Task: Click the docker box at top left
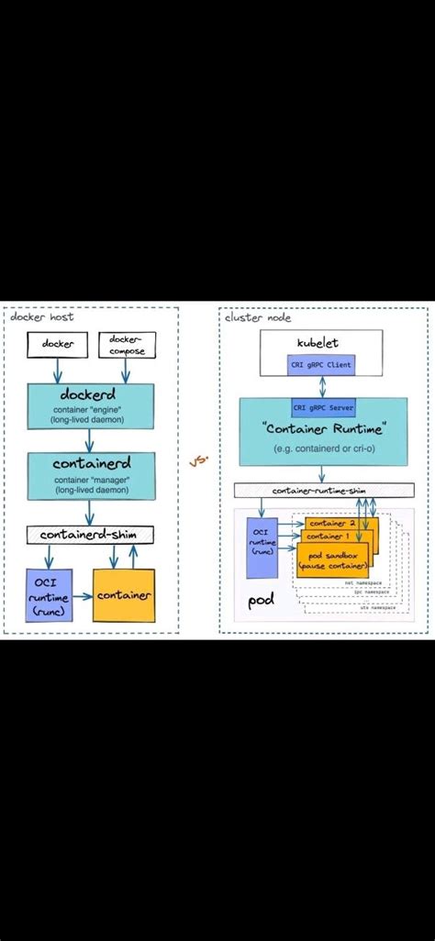pyautogui.click(x=56, y=344)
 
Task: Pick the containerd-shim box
pyautogui.click(x=91, y=534)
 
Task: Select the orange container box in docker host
pyautogui.click(x=124, y=595)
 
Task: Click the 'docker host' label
pyautogui.click(x=42, y=316)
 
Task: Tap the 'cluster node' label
pyautogui.click(x=260, y=316)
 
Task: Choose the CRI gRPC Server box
pyautogui.click(x=320, y=407)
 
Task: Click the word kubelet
pyautogui.click(x=319, y=342)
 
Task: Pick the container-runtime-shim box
pyautogui.click(x=320, y=491)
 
